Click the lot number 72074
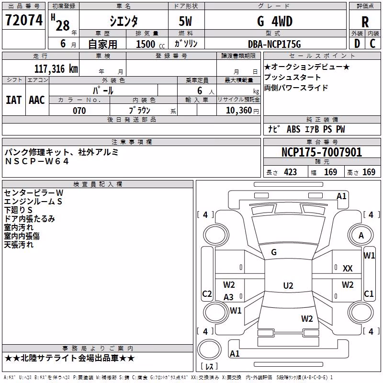click(x=24, y=20)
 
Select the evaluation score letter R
click(x=365, y=22)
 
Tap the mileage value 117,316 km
click(x=56, y=69)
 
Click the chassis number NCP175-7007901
click(x=322, y=152)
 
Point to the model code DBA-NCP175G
click(x=274, y=44)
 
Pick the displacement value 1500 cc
click(x=150, y=44)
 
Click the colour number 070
click(x=79, y=111)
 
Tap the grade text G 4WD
click(x=274, y=21)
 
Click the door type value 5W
click(x=185, y=21)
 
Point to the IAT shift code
click(x=13, y=100)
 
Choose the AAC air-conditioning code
click(x=37, y=100)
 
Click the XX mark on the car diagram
click(x=348, y=269)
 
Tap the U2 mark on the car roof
click(x=288, y=285)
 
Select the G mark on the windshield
click(x=274, y=252)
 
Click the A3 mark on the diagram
click(x=228, y=297)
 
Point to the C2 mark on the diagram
click(x=207, y=293)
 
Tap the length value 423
click(x=291, y=172)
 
